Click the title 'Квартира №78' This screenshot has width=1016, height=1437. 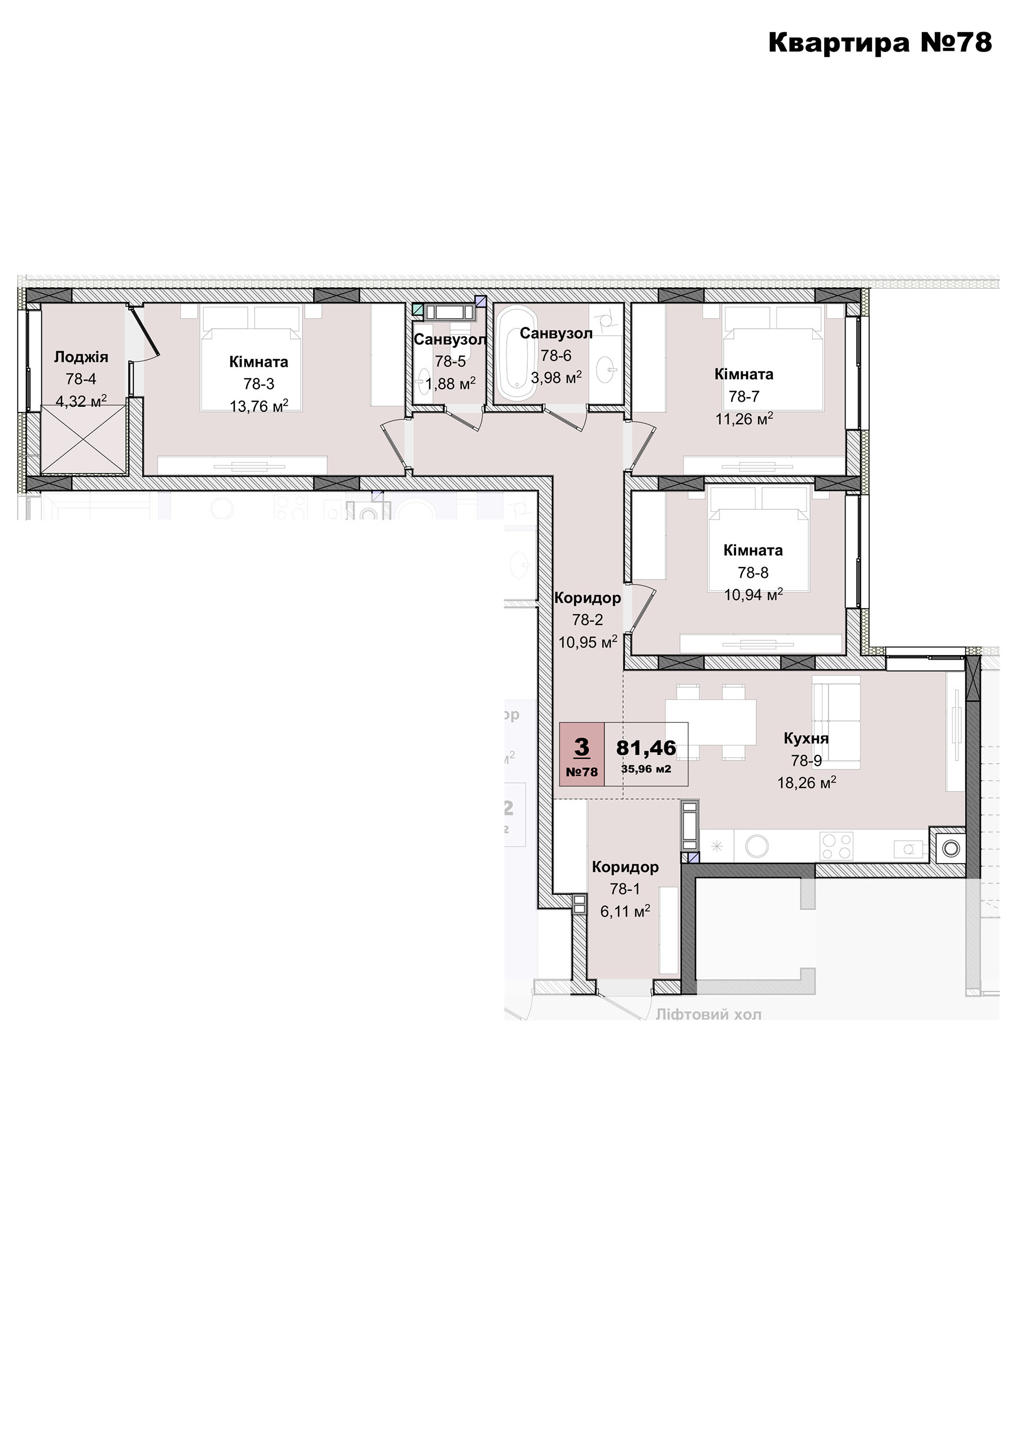pos(879,42)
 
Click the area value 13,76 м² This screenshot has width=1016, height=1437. pos(259,406)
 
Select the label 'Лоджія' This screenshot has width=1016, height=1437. pos(81,357)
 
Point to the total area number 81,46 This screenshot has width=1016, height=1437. pos(646,748)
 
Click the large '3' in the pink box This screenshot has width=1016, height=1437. pos(581,746)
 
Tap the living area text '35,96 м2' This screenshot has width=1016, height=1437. pos(646,768)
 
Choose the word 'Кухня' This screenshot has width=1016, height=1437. pos(806,739)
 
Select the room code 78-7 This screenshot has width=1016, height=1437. pos(744,397)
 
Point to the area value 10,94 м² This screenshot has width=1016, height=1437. pos(754,595)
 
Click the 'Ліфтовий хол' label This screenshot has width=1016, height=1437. pos(708,1014)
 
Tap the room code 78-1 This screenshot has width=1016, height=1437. pos(625,889)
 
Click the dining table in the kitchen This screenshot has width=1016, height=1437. pos(712,722)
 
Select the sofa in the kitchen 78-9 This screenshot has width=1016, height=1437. pos(837,722)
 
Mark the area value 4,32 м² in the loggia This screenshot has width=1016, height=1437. pos(81,401)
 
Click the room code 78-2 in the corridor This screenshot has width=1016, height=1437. pos(588,620)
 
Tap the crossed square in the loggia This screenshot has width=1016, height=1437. pos(84,440)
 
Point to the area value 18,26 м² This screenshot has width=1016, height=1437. pos(807,783)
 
